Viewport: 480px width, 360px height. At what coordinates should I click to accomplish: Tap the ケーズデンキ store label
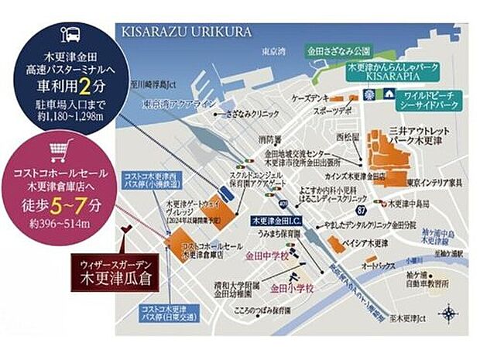pos(307,101)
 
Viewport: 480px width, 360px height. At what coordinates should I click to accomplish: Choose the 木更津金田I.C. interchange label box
pos(276,221)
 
